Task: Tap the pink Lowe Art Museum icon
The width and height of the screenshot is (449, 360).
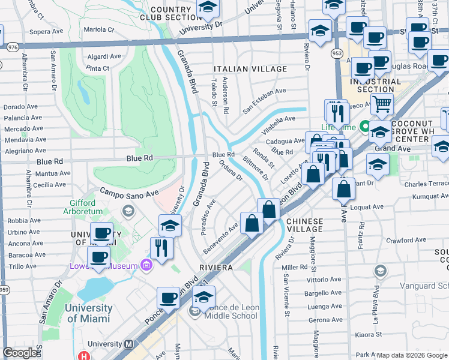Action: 145,265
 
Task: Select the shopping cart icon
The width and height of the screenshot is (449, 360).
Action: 381,105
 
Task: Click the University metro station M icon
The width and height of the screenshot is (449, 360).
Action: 128,344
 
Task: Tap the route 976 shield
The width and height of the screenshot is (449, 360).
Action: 11,46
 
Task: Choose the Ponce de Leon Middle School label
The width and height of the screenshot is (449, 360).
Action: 232,312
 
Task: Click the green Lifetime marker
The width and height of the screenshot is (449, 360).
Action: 364,127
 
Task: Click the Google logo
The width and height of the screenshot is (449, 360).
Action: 20,353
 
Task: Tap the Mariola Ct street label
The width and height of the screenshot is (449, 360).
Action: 99,29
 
